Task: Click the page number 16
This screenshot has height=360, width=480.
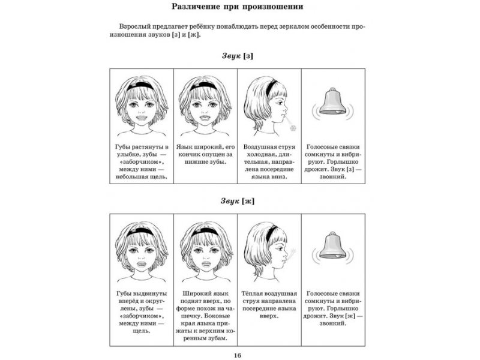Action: (x=238, y=355)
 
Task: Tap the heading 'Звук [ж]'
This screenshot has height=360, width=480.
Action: (x=237, y=201)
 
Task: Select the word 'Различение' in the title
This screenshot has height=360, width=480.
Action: (x=196, y=8)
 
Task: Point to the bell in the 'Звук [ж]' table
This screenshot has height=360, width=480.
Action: (x=331, y=247)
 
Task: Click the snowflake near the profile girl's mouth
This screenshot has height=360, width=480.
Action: (x=292, y=127)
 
